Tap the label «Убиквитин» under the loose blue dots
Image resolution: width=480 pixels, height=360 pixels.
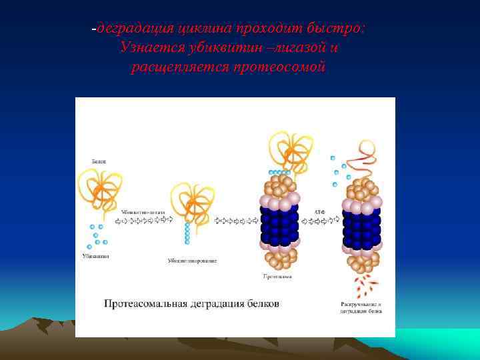[96, 256]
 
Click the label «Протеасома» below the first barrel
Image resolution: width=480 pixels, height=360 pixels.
[279, 275]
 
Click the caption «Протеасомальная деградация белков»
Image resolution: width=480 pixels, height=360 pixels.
[191, 304]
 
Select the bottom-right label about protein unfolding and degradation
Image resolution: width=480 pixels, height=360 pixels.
[360, 307]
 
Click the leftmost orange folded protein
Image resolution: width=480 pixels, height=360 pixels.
[100, 189]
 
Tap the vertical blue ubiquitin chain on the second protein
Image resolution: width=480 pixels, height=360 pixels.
[187, 232]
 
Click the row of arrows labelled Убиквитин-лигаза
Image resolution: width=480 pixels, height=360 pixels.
[144, 219]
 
